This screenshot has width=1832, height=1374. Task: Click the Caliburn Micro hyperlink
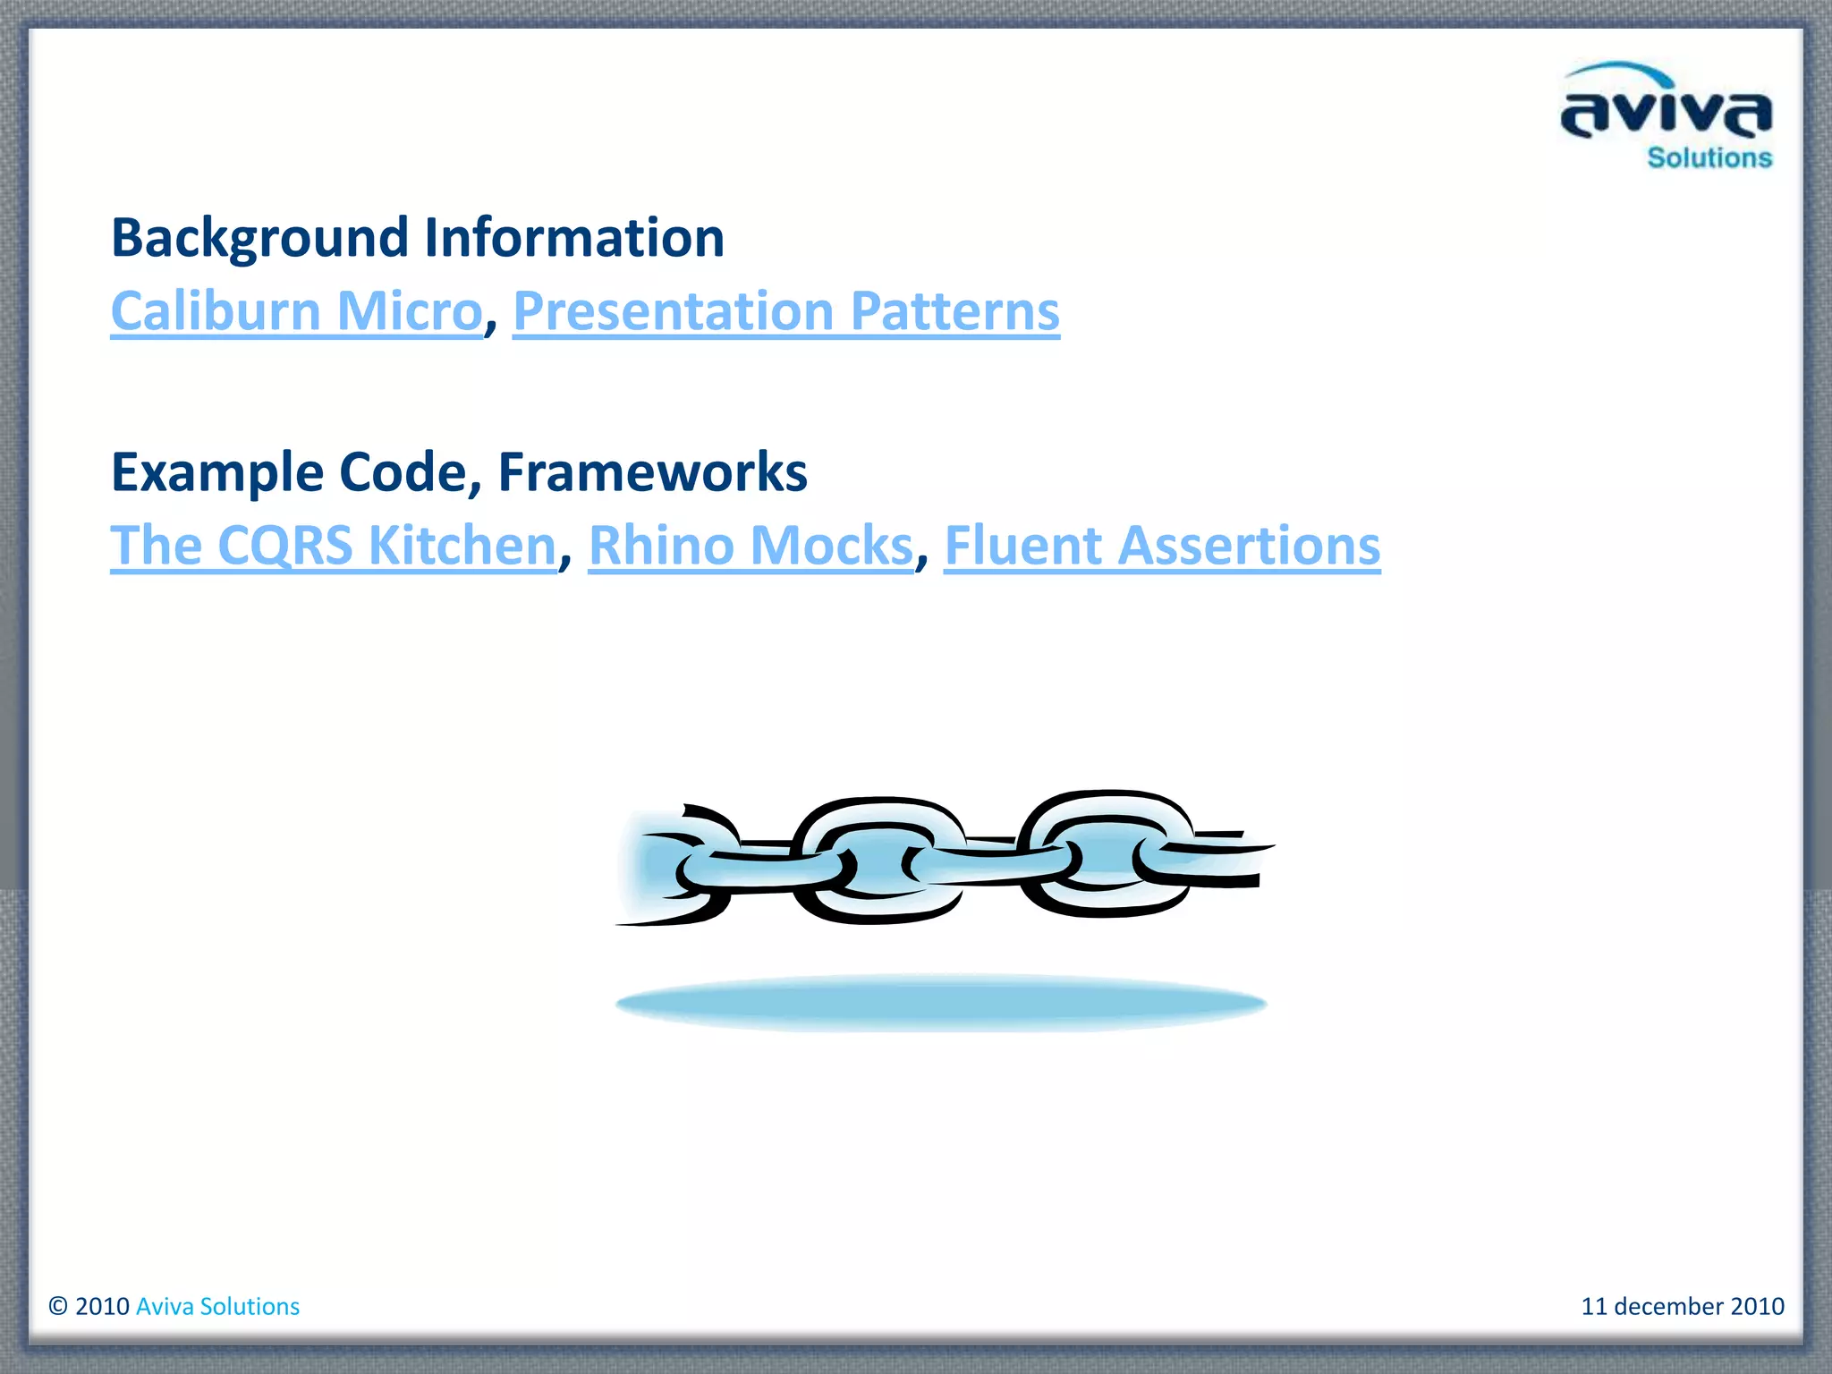pos(296,311)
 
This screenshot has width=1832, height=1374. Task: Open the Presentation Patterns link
pos(785,311)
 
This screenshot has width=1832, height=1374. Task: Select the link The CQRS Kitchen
pos(333,546)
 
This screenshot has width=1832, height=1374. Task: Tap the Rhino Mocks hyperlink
pos(751,546)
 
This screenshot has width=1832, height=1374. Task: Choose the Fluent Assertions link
pos(1161,546)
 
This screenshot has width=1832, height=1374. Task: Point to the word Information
pos(573,239)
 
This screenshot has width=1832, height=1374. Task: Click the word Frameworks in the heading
pos(652,472)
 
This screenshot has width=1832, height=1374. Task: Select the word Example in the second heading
pos(216,472)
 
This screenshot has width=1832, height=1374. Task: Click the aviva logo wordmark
pos(1666,114)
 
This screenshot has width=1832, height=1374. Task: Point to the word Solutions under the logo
pos(1709,158)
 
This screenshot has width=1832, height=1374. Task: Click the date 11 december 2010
pos(1682,1306)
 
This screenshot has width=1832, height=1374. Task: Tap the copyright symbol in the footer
pos(58,1306)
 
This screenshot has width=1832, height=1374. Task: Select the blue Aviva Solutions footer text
pos(217,1306)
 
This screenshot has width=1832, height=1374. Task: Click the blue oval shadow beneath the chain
pos(941,1003)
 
